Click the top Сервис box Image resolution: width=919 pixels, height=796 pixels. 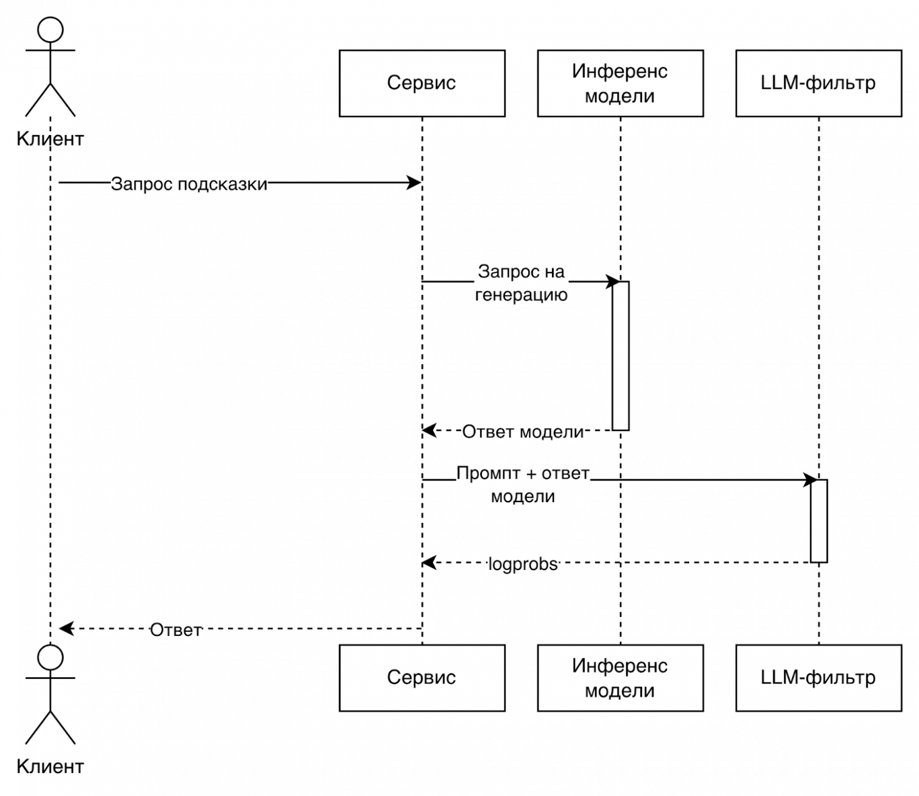(422, 83)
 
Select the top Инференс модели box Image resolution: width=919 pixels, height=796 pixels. (620, 83)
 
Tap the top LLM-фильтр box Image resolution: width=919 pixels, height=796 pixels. (818, 83)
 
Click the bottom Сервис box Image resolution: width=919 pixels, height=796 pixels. (422, 678)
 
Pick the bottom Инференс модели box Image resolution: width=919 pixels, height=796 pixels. (620, 678)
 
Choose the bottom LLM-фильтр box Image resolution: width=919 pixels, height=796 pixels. (818, 678)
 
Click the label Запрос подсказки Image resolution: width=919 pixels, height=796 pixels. (189, 184)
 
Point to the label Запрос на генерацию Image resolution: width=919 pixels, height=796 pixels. (521, 283)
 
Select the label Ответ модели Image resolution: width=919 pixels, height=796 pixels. (523, 432)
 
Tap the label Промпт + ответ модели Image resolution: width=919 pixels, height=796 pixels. (523, 485)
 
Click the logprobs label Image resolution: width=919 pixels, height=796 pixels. (523, 564)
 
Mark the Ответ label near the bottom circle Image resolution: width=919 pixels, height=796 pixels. (176, 630)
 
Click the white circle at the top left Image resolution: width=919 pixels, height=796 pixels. (51, 30)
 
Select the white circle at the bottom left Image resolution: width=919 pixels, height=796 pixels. (51, 658)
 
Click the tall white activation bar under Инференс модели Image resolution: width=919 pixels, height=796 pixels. (620, 356)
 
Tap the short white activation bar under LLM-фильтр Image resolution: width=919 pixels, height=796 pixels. (819, 521)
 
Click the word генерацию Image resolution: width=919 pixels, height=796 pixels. (521, 294)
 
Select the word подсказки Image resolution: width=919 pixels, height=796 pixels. (223, 184)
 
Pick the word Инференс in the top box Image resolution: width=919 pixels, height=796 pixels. (620, 71)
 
